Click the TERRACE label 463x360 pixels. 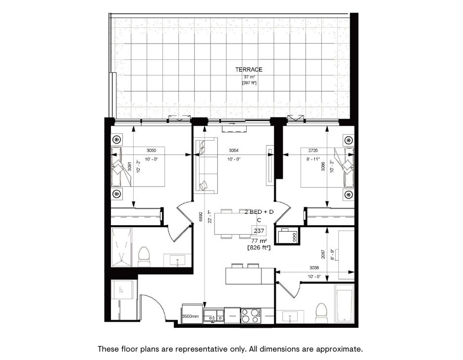249,70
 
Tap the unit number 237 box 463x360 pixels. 258,231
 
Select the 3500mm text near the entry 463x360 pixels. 190,316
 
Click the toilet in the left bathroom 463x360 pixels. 144,256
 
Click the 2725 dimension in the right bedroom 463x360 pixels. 313,150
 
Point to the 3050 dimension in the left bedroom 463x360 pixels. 152,150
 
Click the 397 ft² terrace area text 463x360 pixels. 249,83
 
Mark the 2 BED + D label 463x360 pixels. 258,211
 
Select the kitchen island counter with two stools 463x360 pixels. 250,275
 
